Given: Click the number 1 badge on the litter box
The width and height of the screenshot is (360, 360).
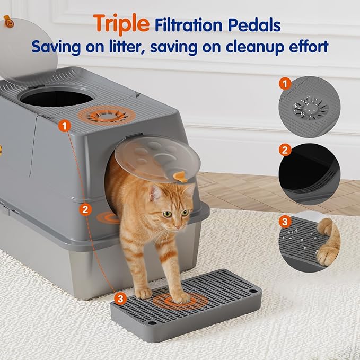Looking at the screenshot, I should tap(65, 126).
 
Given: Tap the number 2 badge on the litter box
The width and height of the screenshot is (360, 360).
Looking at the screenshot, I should tap(85, 209).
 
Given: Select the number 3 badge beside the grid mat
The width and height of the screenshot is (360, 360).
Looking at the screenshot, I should tap(120, 299).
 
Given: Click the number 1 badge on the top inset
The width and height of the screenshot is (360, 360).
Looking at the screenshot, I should tap(285, 83).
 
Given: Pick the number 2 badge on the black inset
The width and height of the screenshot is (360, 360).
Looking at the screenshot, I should tap(285, 150).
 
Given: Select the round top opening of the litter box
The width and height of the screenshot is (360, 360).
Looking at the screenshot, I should tap(58, 98).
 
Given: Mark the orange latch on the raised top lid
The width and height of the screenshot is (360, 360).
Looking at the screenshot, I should tap(7, 21).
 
